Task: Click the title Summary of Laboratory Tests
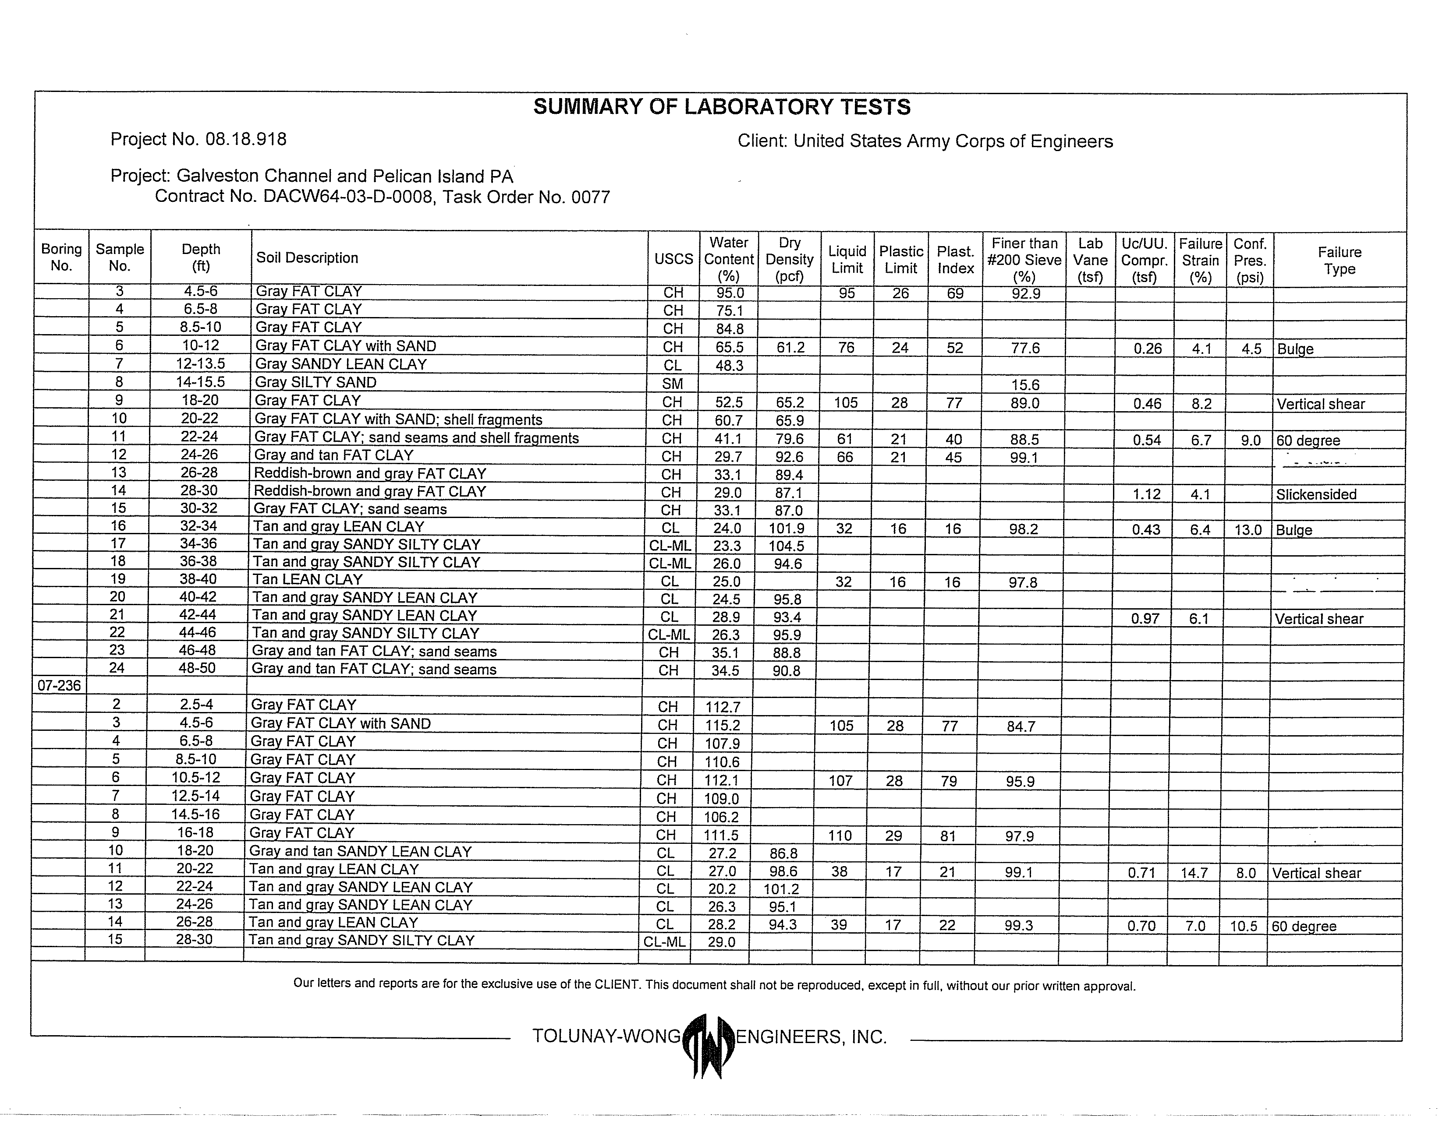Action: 722,107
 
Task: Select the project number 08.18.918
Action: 246,140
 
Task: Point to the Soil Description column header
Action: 307,258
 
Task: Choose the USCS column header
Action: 673,259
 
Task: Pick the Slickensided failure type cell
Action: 1316,494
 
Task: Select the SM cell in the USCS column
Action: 673,384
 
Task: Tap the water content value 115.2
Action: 723,725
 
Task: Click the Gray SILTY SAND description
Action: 316,382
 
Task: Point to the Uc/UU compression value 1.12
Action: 1146,494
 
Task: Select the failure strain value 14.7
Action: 1194,873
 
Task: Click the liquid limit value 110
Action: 840,836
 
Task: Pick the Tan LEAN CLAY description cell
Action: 308,580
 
